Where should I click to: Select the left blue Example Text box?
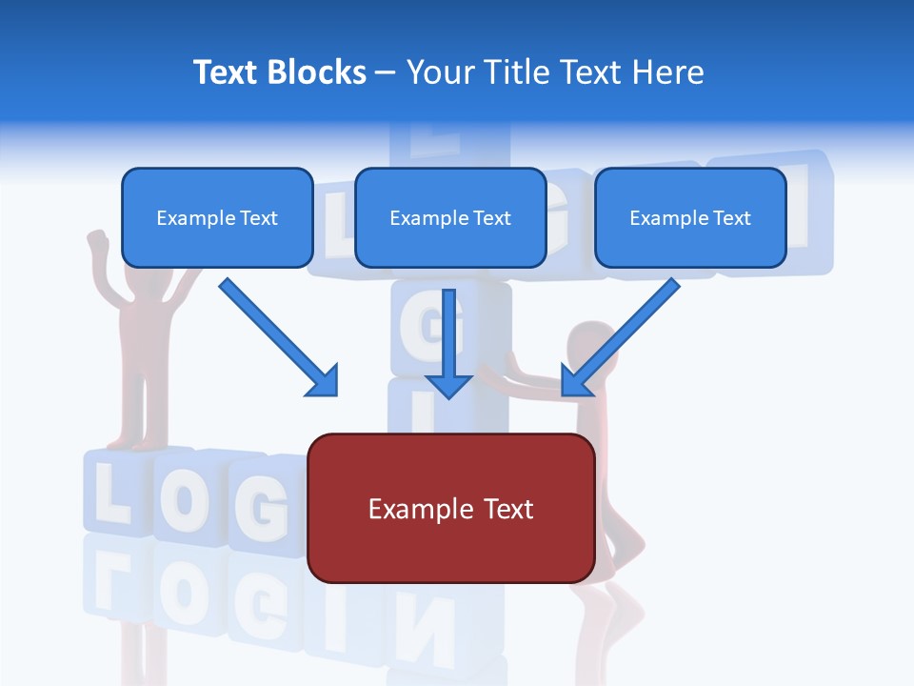217,217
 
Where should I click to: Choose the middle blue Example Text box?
450,217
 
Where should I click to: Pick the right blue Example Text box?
690,217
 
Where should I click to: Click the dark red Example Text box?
450,508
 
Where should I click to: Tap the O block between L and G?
186,500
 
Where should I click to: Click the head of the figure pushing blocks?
588,343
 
